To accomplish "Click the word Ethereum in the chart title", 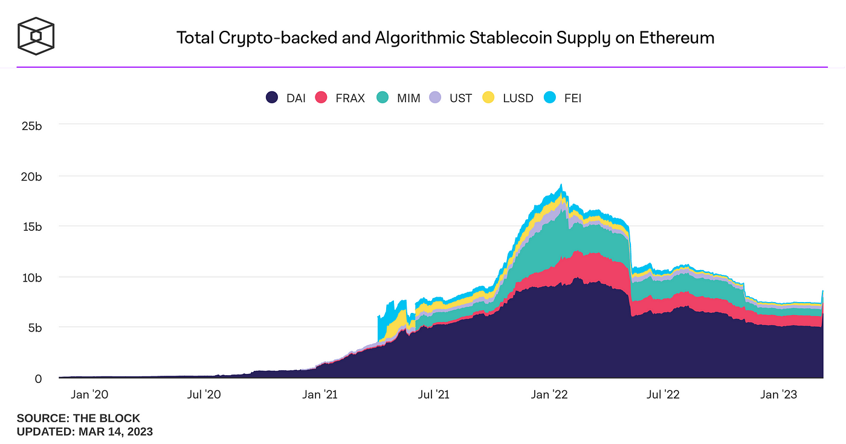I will [x=673, y=38].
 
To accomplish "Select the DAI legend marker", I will [x=272, y=97].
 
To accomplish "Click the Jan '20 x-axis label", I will [x=89, y=395].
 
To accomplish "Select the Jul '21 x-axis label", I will [x=433, y=395].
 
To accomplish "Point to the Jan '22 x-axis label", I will [x=549, y=395].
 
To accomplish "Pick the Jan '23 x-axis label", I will [x=779, y=395].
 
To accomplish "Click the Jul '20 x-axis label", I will [x=204, y=395].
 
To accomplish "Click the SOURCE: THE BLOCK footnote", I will [x=79, y=418].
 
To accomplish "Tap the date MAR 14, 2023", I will [x=115, y=432].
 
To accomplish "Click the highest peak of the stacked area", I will [x=561, y=185].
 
